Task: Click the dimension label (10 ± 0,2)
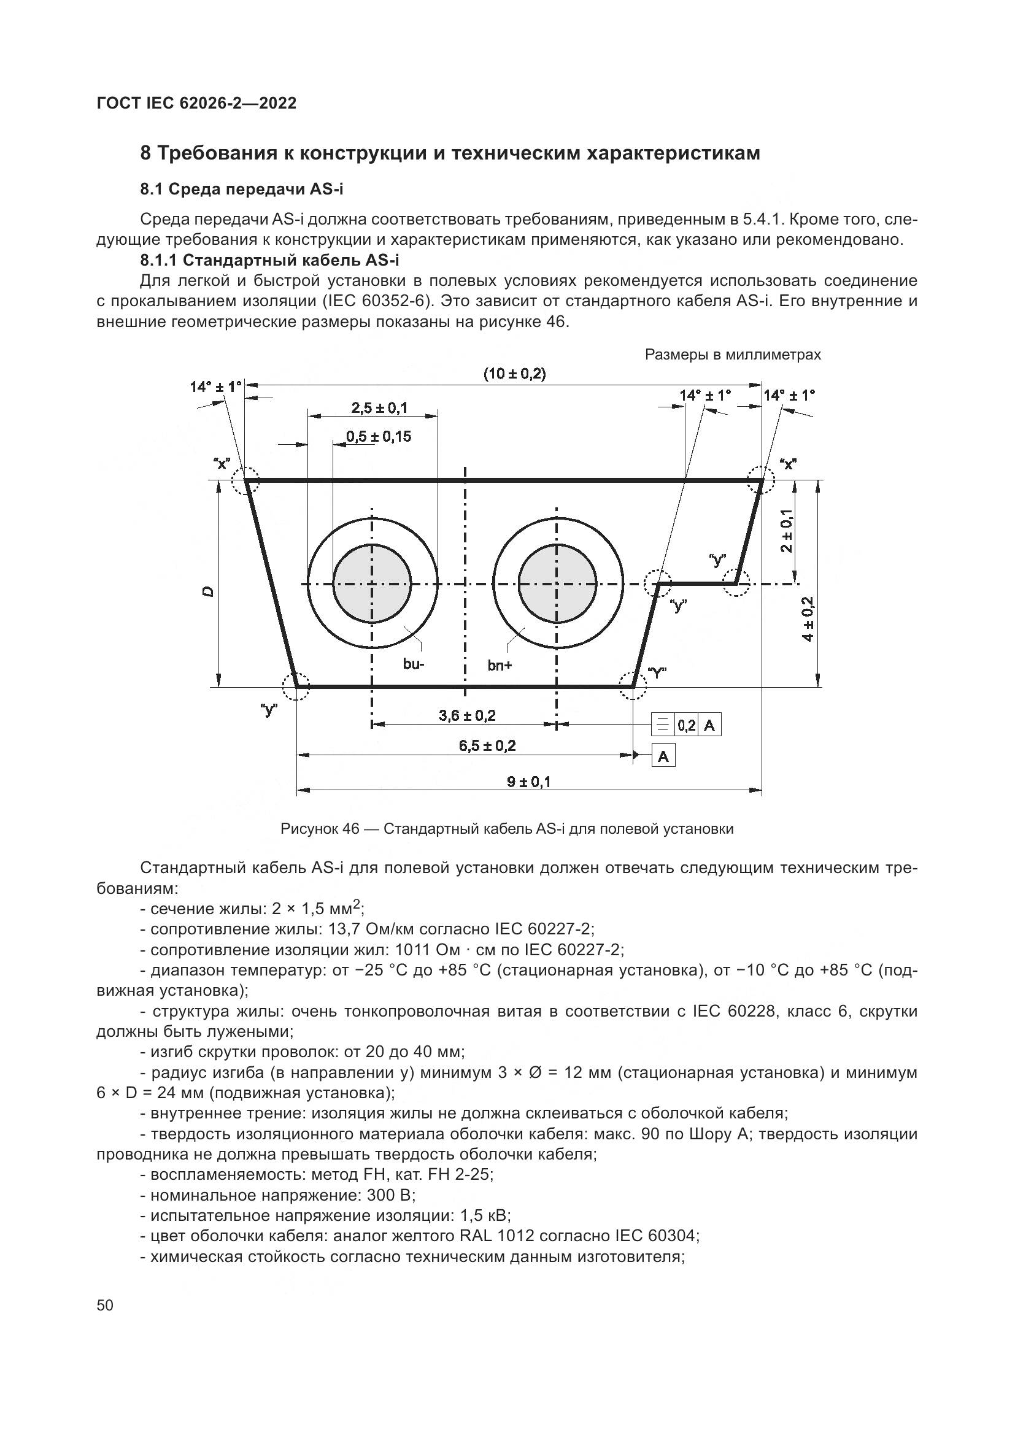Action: pos(514,374)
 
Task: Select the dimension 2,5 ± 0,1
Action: pos(379,408)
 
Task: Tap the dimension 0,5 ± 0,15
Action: pos(379,436)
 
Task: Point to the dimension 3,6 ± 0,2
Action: pos(467,715)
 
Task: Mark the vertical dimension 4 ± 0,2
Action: pos(808,619)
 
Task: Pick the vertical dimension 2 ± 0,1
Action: pos(787,531)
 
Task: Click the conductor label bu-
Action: pos(413,664)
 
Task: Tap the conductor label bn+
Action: pos(500,666)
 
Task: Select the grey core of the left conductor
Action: pos(372,583)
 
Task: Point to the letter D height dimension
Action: pos(209,591)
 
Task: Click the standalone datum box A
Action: pos(663,757)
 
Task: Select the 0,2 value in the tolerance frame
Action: pos(686,726)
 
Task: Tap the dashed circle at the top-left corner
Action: pos(244,480)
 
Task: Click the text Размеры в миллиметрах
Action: pos(733,355)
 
